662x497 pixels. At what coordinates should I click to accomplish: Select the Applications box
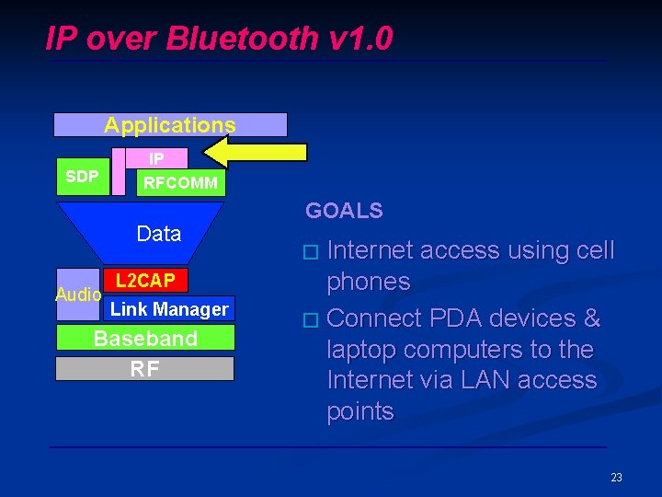[x=170, y=124]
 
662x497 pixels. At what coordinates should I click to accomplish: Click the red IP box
[x=157, y=158]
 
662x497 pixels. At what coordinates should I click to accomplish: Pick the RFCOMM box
[x=180, y=182]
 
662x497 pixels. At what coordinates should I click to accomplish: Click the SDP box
[x=83, y=176]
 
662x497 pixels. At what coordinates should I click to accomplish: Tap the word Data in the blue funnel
[x=159, y=234]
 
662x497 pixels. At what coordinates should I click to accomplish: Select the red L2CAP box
[x=145, y=280]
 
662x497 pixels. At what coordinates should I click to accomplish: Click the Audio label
[x=78, y=295]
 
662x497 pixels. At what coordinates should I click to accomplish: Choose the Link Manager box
[x=169, y=308]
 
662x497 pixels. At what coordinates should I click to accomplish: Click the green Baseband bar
[x=145, y=338]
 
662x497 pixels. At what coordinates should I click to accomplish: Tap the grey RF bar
[x=145, y=369]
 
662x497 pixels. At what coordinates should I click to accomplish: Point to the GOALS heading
[x=344, y=211]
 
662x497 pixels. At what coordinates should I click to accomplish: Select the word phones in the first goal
[x=368, y=282]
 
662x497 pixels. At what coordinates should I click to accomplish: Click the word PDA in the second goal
[x=434, y=318]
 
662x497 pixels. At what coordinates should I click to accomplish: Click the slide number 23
[x=616, y=477]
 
